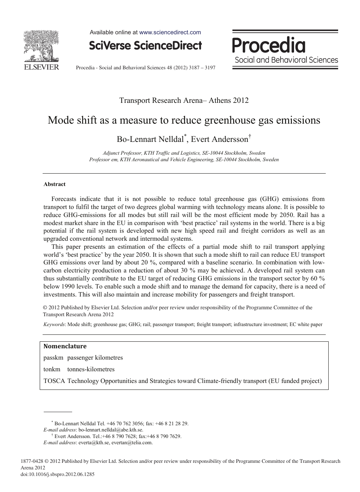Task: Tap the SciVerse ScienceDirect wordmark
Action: [145, 45]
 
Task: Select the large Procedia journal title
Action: [269, 45]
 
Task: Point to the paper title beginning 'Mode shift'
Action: [184, 120]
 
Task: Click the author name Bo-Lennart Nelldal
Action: [150, 139]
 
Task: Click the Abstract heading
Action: [55, 184]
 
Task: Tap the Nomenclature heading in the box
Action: [65, 346]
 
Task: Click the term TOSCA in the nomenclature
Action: [54, 381]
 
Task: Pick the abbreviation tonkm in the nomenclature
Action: [52, 369]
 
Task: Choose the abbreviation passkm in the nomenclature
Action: [53, 357]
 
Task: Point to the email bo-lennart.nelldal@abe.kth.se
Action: [111, 430]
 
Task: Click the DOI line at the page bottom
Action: [58, 474]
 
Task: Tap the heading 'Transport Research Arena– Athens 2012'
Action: [184, 100]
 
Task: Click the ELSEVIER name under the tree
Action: [41, 67]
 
